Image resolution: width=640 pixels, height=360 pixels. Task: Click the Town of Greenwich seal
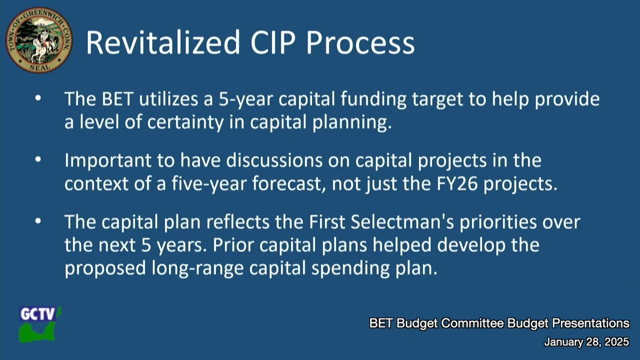pos(39,40)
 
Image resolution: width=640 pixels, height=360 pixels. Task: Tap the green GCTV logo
pos(39,324)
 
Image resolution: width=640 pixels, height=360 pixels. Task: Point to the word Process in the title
pos(360,42)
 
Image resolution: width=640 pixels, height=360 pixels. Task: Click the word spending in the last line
pos(347,268)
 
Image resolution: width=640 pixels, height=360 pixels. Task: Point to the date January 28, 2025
pos(586,342)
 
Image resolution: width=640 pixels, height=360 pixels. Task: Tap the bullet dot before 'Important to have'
pos(38,159)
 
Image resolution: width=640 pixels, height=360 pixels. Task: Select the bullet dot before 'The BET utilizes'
pos(38,98)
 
